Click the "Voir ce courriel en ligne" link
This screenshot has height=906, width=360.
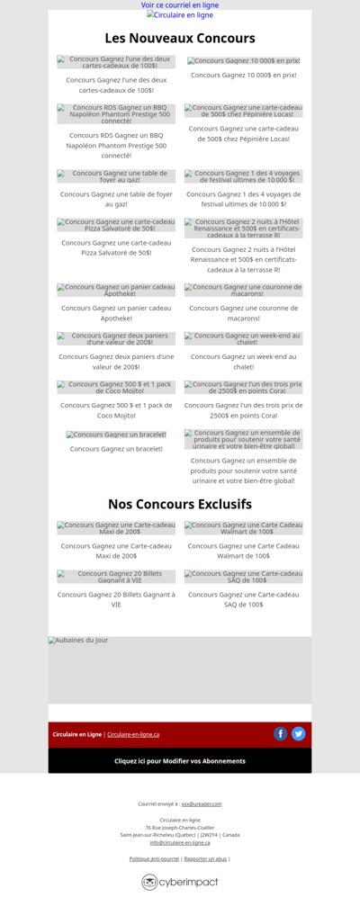coord(180,5)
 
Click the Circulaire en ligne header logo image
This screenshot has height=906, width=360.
coord(180,15)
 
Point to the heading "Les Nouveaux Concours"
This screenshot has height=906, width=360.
coord(180,38)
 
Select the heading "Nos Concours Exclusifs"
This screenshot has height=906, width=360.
coord(180,504)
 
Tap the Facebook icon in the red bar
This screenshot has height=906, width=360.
coord(281,734)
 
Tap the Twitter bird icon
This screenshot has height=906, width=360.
coord(299,734)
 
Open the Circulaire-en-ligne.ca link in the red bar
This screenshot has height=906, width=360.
coord(133,734)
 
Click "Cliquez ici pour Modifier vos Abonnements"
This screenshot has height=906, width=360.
coord(180,761)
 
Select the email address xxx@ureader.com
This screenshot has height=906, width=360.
coord(202,803)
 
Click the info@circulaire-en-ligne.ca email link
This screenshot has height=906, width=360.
coord(180,843)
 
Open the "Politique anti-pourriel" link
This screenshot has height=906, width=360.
coord(154,859)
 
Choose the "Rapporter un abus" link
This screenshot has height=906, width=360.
coord(205,859)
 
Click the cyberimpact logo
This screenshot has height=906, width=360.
coord(180,883)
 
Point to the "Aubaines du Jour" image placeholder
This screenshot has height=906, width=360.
coord(180,669)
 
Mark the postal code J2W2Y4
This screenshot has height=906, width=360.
coord(209,835)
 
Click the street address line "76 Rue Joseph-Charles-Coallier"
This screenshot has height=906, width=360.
coord(180,828)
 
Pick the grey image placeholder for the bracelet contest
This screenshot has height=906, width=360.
coord(116,435)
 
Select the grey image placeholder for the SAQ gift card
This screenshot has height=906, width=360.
coord(244,577)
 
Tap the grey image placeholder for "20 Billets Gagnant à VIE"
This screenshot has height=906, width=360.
coord(116,577)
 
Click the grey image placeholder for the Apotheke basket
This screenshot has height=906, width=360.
coord(116,291)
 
